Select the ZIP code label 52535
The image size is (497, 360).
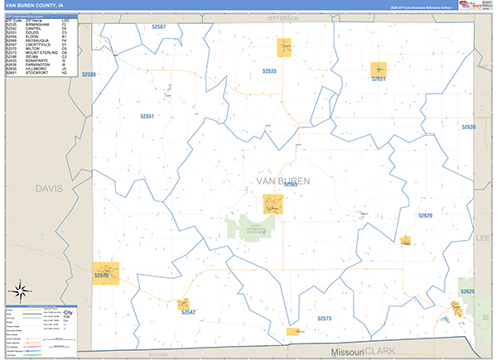pos(268,71)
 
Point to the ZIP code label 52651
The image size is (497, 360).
pos(379,79)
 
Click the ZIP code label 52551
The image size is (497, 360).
pos(147,117)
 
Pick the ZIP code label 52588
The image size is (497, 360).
pos(89,74)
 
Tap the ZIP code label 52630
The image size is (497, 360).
pos(468,127)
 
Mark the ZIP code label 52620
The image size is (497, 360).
pos(425,215)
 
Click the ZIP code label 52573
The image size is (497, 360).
pos(324,318)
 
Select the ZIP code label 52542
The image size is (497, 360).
pos(188,312)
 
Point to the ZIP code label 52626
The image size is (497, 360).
pos(468,291)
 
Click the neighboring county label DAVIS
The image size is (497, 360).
pos(49,189)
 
